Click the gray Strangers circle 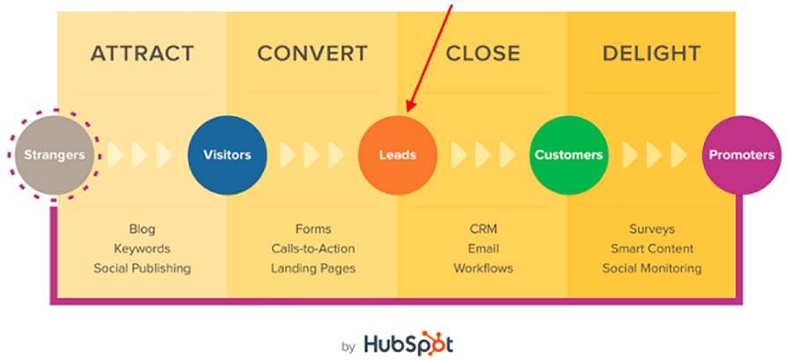point(55,155)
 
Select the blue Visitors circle point(227,155)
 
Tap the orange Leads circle point(398,155)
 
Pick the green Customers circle point(568,155)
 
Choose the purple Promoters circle point(742,155)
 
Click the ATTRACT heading point(143,54)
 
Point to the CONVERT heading point(312,54)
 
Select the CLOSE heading point(483,54)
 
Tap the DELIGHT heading point(651,54)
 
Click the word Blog point(143,229)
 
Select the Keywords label point(142,249)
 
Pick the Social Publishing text point(143,268)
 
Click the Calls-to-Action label point(313,249)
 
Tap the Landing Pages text point(313,268)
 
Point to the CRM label point(483,229)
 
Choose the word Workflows point(483,268)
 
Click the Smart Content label point(652,249)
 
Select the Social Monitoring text point(652,268)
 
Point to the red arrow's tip point(407,113)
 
